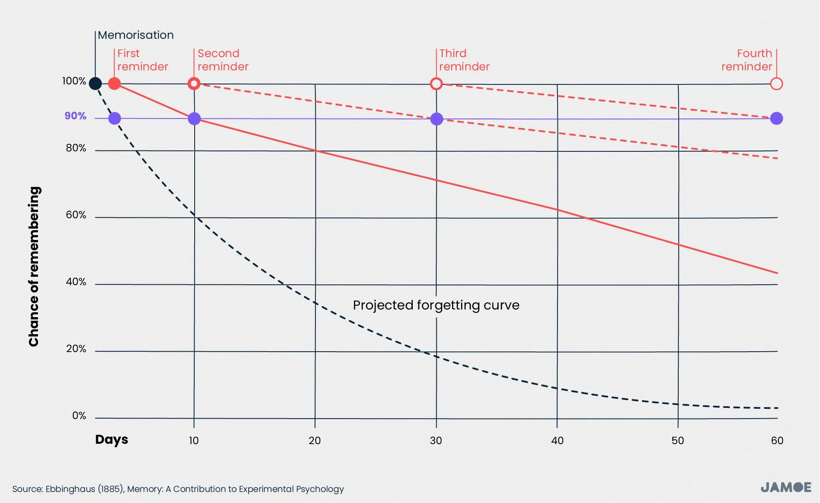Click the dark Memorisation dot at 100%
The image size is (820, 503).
(x=95, y=84)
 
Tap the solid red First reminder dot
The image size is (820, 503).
(x=114, y=84)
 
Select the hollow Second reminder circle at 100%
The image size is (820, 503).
(x=194, y=84)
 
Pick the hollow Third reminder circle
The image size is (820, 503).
(x=436, y=84)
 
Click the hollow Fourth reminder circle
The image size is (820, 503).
(x=776, y=84)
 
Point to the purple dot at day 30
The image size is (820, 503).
(x=437, y=119)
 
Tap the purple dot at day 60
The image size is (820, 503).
(x=776, y=119)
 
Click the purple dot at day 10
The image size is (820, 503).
(x=194, y=119)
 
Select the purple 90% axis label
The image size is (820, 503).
(x=76, y=116)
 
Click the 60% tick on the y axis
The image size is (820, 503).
(x=76, y=215)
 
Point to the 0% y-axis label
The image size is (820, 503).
(x=79, y=416)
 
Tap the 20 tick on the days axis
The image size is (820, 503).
(x=315, y=440)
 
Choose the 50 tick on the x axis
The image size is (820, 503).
(x=678, y=440)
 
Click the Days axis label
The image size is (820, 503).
(x=111, y=439)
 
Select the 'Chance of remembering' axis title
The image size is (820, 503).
(x=34, y=266)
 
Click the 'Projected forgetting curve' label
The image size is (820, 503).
(x=436, y=305)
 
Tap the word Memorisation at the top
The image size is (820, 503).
(x=136, y=35)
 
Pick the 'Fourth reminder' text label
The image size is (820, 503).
(x=747, y=60)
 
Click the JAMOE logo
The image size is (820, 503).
(x=786, y=487)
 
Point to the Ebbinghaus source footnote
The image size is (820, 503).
(x=178, y=489)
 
